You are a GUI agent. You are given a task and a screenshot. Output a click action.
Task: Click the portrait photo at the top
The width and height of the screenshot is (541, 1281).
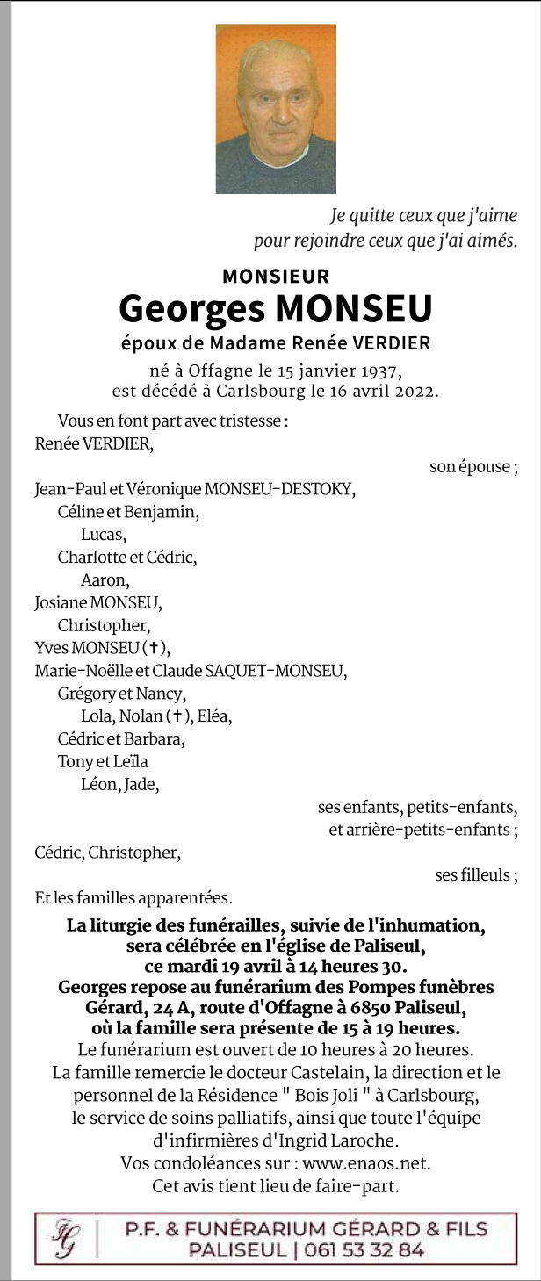tap(276, 109)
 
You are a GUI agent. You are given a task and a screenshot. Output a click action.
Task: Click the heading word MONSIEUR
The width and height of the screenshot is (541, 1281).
tap(276, 277)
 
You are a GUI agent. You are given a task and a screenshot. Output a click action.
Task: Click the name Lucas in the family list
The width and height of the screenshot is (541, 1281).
tap(104, 534)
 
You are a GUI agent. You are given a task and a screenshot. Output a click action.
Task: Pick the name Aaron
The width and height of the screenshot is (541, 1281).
tap(105, 579)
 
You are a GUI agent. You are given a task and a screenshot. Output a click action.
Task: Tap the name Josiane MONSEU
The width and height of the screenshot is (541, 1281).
tap(98, 602)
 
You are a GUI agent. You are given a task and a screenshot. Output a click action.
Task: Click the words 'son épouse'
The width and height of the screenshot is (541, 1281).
tap(472, 467)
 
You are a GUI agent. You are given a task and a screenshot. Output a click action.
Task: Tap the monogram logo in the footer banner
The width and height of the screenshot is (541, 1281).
tap(64, 1239)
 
